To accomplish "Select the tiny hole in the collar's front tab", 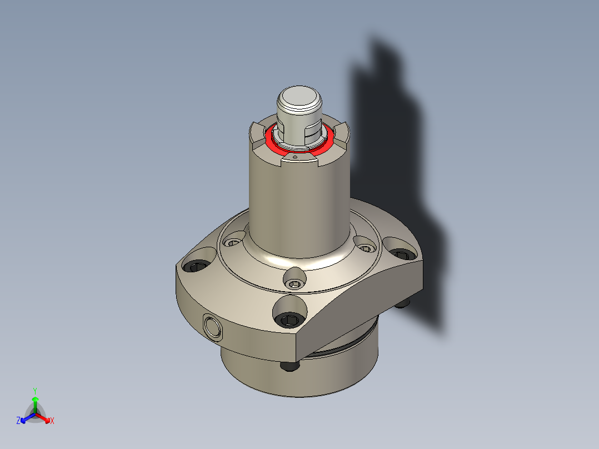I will click(x=296, y=157).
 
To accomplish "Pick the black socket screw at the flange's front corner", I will click(x=290, y=320).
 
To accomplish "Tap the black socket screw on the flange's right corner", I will click(x=401, y=254).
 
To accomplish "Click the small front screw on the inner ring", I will click(x=294, y=285).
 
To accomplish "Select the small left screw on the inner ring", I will click(x=232, y=242).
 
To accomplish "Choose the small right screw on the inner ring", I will click(x=366, y=248).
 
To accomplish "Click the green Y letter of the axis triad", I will click(x=35, y=391).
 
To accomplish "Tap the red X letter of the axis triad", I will click(x=52, y=421).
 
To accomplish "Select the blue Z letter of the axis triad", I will click(x=18, y=421).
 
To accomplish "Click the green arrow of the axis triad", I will click(x=35, y=402).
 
